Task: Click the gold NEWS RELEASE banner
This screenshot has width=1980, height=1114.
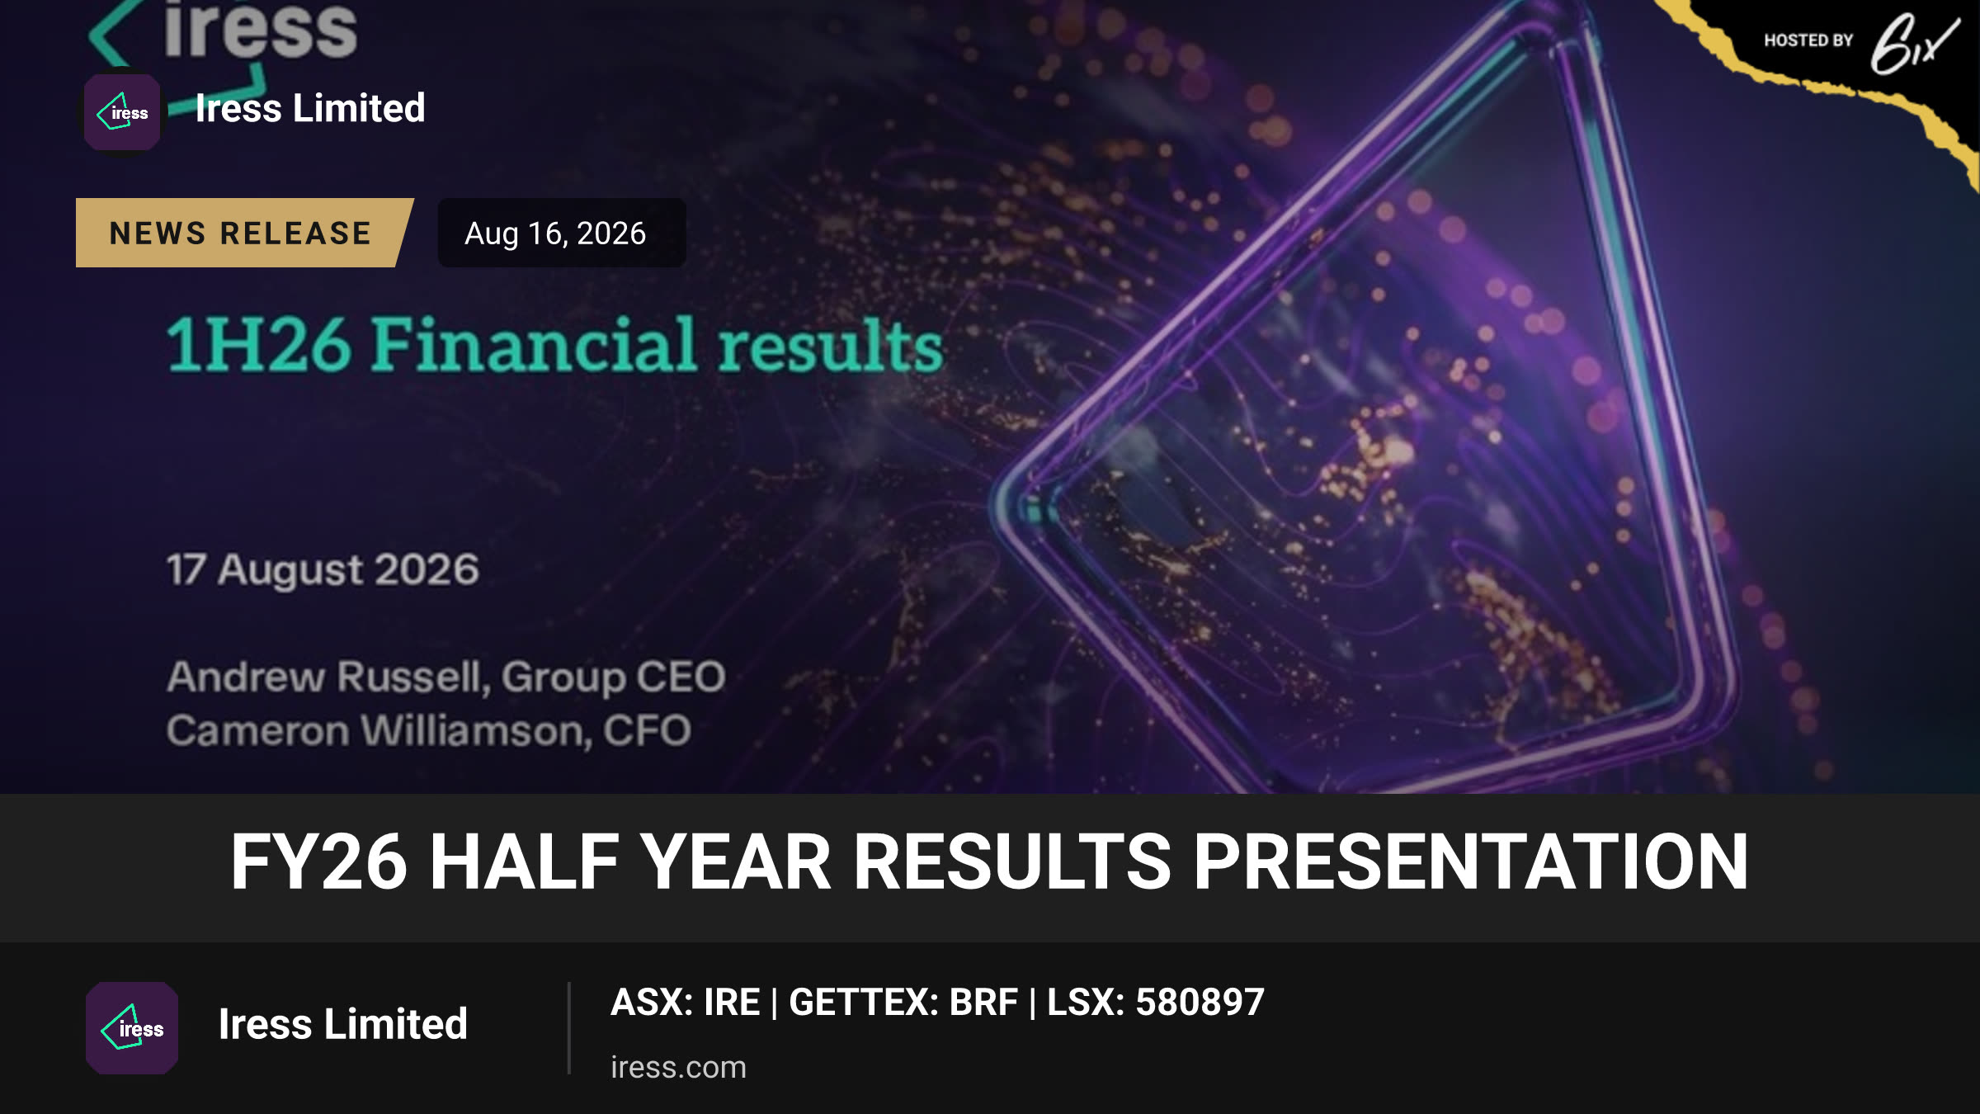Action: pos(244,233)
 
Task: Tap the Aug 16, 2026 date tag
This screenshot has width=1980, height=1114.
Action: pos(561,233)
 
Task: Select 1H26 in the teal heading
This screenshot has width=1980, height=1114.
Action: pos(259,345)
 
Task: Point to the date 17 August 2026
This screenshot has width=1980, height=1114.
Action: pos(323,569)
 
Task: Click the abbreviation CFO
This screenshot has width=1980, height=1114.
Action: pos(647,730)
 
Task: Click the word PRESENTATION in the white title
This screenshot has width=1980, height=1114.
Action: pos(1471,861)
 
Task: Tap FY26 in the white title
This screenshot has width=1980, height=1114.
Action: pos(318,861)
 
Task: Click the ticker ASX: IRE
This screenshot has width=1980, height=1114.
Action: pos(685,1003)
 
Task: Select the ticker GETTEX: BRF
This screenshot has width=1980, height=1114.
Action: pos(903,1003)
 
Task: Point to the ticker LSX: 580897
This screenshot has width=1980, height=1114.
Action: pos(1156,1003)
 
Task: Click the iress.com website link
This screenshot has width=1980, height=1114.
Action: pos(678,1067)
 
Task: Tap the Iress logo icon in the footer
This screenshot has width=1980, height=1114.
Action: pos(132,1028)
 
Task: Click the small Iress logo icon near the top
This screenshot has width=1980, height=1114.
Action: pos(122,112)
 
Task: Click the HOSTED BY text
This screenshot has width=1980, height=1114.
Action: pos(1808,40)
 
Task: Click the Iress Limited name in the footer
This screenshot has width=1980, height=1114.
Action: pos(342,1024)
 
